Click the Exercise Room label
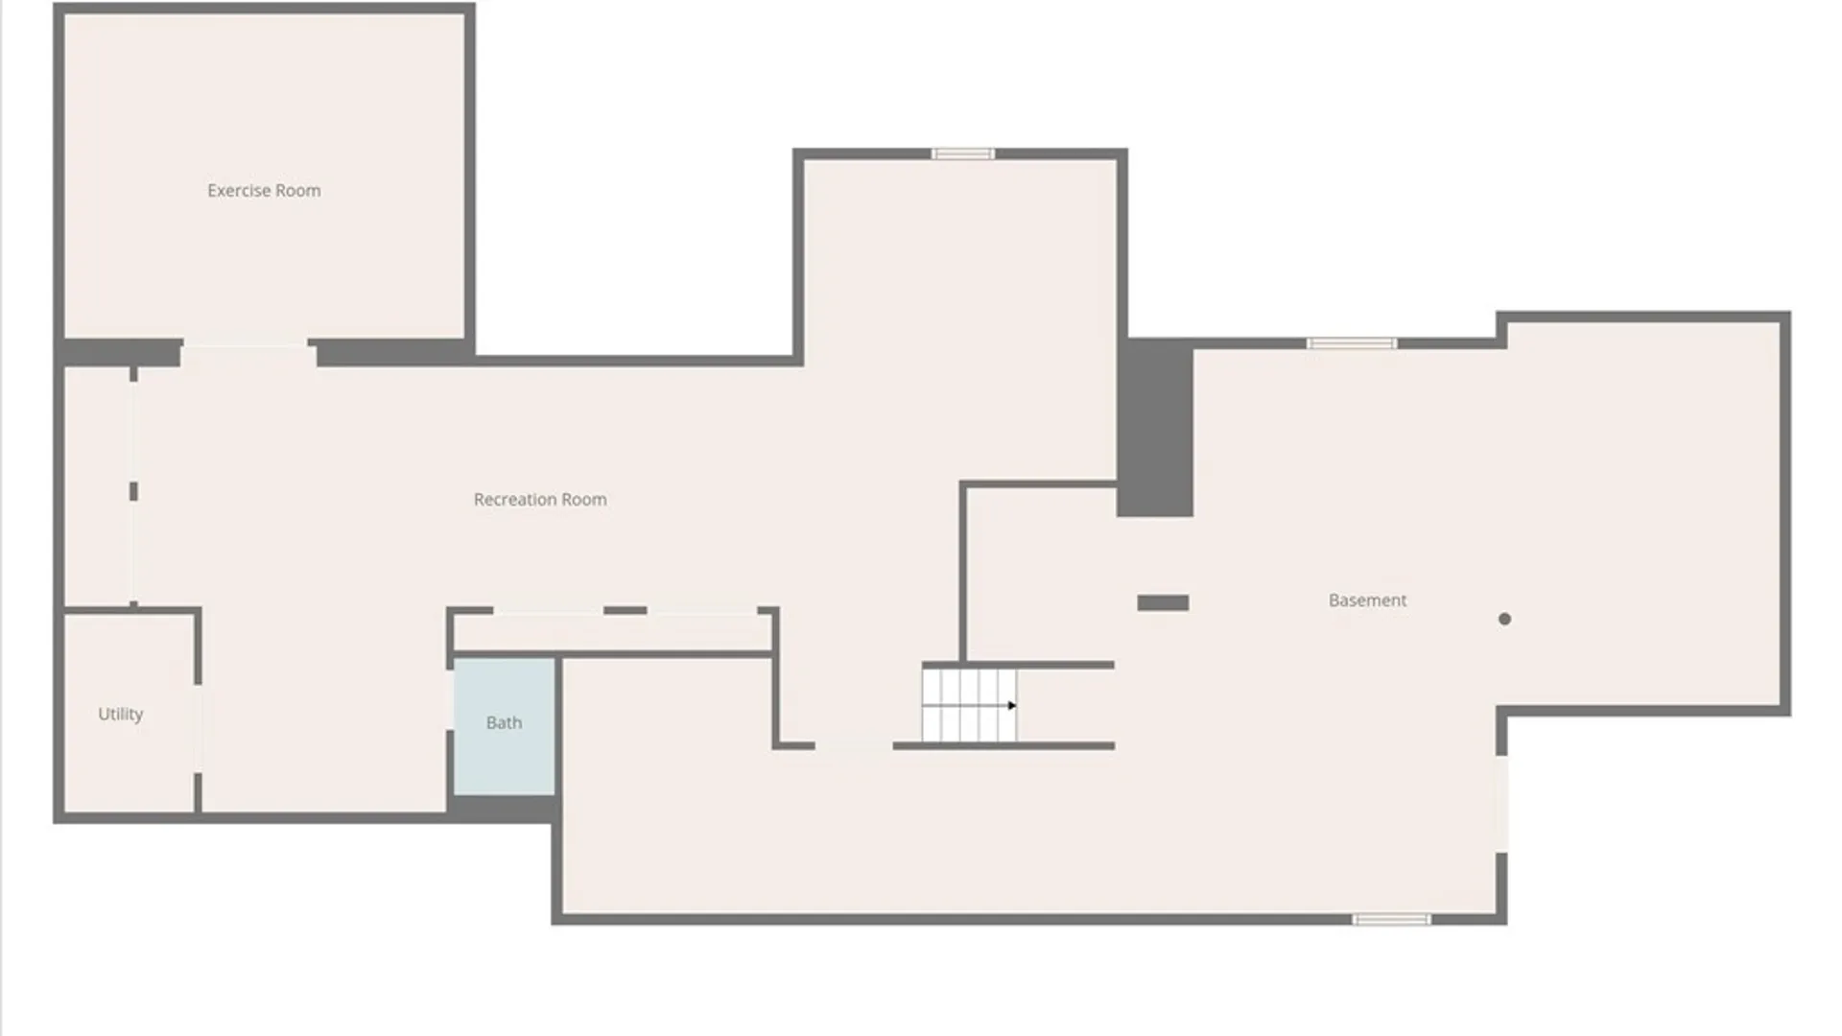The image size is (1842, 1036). pos(264,191)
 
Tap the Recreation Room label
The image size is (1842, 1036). pos(540,500)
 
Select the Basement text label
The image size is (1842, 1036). pos(1367,600)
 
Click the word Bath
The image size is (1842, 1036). pos(504,723)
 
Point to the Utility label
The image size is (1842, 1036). pos(121,714)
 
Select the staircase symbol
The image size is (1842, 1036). pos(969,706)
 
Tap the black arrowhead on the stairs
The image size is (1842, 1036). pos(1011,706)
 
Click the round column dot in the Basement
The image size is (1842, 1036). pos(1504,619)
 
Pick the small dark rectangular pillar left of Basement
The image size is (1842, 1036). pos(1163,602)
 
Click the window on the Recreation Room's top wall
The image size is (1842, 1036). pos(963,153)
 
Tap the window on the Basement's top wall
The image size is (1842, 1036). pos(1351,343)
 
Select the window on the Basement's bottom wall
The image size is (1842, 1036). pos(1391,920)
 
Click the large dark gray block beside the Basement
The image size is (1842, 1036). pos(1155,428)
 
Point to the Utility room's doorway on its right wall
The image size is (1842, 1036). pos(198,729)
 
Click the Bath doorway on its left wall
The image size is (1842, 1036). pos(450,700)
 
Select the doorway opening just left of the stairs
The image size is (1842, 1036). pos(854,745)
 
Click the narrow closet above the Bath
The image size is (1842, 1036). pos(612,633)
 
